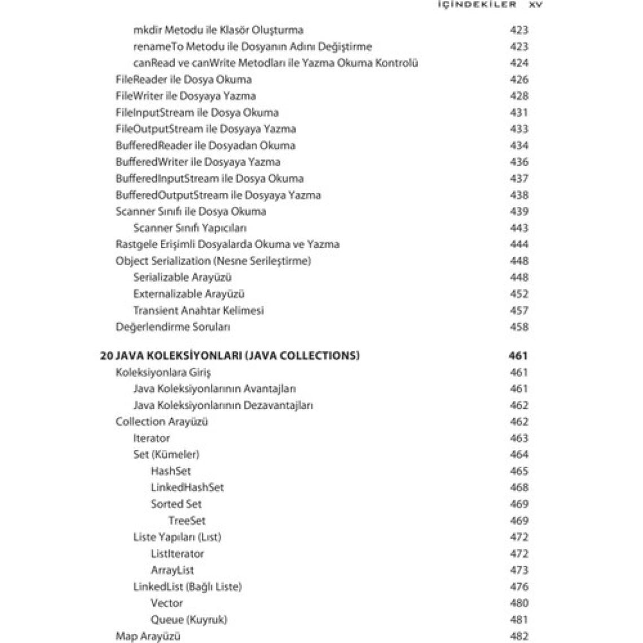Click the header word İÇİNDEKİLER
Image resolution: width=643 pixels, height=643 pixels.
click(477, 4)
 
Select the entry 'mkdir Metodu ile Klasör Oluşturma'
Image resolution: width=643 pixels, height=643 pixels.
click(218, 30)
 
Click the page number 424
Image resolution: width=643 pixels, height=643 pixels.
click(519, 63)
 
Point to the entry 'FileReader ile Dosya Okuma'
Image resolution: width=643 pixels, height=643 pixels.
click(183, 80)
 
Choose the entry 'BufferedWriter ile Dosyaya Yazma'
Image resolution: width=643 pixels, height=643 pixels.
click(197, 162)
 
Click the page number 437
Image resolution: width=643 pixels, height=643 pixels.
click(519, 178)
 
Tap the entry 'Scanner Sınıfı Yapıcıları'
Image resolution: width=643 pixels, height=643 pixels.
click(190, 228)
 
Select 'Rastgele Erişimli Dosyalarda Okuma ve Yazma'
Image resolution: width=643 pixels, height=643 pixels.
click(227, 244)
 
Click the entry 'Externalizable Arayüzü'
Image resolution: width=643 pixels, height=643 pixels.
click(188, 294)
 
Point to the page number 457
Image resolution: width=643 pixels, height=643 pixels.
click(519, 310)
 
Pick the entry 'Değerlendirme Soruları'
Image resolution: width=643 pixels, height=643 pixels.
click(173, 327)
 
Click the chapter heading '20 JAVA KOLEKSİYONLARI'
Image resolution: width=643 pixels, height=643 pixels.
click(230, 355)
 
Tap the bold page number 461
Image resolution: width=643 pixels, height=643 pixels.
click(518, 355)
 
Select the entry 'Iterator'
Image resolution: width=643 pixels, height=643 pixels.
click(151, 438)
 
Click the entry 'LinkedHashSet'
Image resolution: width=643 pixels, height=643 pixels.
click(187, 487)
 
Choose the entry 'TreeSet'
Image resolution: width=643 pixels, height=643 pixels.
click(187, 521)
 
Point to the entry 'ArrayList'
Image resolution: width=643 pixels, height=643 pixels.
click(172, 570)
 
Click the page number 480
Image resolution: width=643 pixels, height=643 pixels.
click(519, 603)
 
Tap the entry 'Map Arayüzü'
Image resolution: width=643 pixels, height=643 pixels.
click(148, 636)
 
